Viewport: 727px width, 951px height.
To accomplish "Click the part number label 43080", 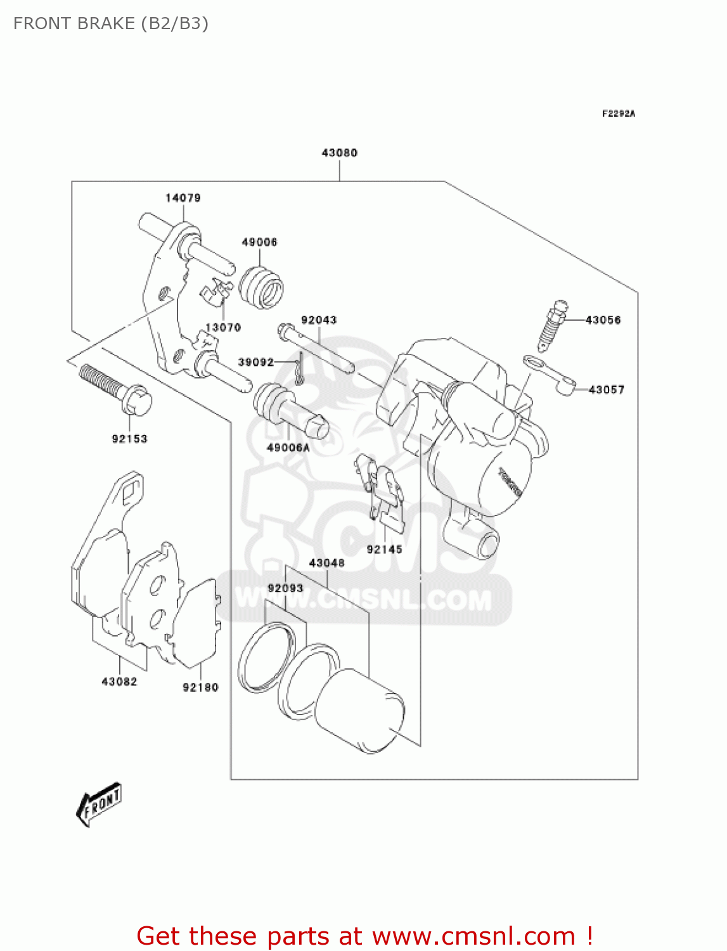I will pos(339,153).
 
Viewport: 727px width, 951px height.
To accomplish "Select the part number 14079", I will pos(183,198).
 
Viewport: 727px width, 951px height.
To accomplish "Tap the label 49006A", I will pos(288,448).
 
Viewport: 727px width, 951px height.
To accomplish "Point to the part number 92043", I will pos(318,320).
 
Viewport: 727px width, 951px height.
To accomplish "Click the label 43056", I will pos(603,320).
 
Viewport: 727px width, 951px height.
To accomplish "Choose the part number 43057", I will pos(606,390).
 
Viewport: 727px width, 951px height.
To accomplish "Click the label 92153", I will pos(129,439).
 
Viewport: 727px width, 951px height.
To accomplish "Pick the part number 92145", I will pos(384,550).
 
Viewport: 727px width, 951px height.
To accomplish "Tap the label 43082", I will pos(119,682).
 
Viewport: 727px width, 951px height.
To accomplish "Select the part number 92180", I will pos(200,687).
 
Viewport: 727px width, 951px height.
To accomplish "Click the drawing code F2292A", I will pos(618,114).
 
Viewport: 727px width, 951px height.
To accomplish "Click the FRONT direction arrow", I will pos(99,805).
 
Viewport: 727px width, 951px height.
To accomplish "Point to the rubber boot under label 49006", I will pos(261,287).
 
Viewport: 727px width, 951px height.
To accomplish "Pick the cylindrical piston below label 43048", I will pos(360,710).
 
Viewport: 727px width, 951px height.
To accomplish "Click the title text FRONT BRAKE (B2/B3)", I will pos(111,23).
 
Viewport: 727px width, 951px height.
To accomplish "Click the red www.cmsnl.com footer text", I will pos(364,936).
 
